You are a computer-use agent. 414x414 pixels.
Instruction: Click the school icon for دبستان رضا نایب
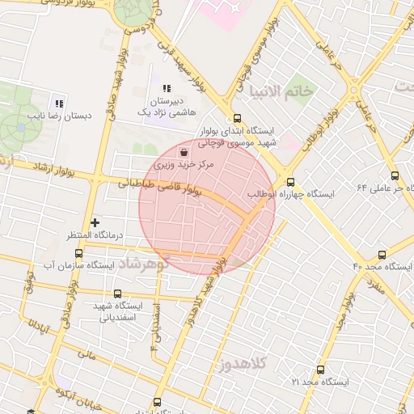57,103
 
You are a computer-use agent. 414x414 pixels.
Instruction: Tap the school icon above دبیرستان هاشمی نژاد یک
167,89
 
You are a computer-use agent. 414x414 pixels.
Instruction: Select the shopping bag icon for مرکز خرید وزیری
184,151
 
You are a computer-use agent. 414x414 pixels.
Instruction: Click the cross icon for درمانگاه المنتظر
95,222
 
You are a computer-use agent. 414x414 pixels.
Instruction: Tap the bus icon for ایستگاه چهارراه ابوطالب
290,182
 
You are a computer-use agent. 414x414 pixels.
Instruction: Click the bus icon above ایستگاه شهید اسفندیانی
118,294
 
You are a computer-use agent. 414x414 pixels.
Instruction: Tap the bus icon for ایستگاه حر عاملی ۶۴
395,175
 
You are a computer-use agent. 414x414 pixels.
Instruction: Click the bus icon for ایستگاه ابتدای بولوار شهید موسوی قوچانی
235,118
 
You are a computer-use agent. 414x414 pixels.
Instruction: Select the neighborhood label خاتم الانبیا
281,91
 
